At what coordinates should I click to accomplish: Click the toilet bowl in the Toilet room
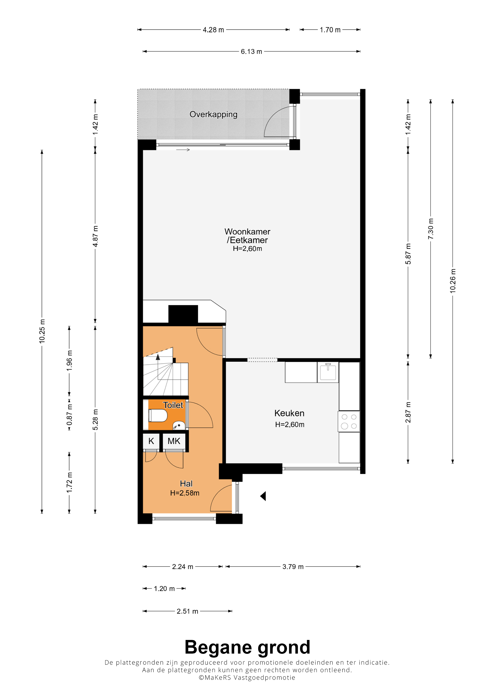tap(158, 415)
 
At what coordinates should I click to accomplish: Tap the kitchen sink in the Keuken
tap(328, 372)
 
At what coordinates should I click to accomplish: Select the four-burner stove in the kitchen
tap(349, 421)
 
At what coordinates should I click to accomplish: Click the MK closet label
tap(174, 441)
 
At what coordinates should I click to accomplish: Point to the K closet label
tap(151, 441)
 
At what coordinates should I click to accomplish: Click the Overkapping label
tap(213, 115)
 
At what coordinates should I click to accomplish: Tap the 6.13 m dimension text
tap(251, 52)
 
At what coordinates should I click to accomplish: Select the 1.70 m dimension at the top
tap(330, 30)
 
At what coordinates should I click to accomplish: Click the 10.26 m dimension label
tap(453, 281)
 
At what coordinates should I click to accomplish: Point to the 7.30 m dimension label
tap(431, 229)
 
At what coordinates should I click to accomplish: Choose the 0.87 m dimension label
tap(69, 415)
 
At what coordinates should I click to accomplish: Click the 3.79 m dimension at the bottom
tap(293, 567)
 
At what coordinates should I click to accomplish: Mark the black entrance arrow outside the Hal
tap(263, 496)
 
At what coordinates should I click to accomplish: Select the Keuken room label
tap(289, 413)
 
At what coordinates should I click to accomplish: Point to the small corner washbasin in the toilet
tap(179, 425)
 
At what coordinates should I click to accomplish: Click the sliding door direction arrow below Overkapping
tap(183, 150)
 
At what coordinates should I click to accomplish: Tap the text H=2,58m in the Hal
tap(185, 493)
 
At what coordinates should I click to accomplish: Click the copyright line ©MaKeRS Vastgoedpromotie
tap(247, 677)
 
